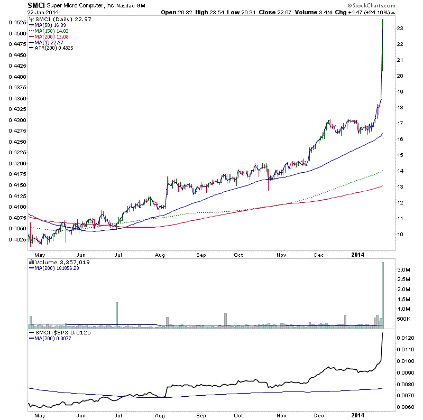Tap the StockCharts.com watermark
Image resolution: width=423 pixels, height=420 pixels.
[394, 6]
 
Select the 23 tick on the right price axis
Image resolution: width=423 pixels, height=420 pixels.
[401, 28]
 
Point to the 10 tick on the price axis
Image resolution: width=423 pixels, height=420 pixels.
[401, 234]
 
